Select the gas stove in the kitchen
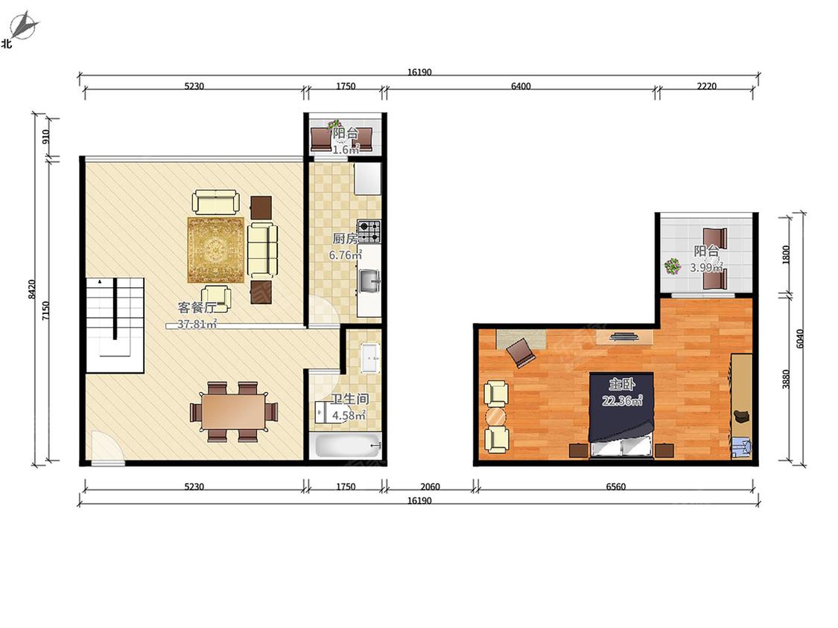(x=369, y=231)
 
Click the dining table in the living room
(x=234, y=411)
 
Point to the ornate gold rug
(x=216, y=249)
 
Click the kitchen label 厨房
(x=345, y=239)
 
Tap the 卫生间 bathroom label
(x=349, y=399)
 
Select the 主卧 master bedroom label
(x=621, y=384)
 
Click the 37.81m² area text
(x=197, y=324)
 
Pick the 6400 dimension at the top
(x=521, y=86)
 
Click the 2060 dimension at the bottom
(x=430, y=487)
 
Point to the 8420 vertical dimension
(x=32, y=289)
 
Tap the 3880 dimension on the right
(x=786, y=379)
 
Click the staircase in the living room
(x=115, y=324)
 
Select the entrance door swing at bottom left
(x=107, y=447)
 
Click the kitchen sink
(x=369, y=281)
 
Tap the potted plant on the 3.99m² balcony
(x=673, y=266)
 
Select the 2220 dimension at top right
(x=706, y=86)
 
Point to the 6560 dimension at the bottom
(x=616, y=487)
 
